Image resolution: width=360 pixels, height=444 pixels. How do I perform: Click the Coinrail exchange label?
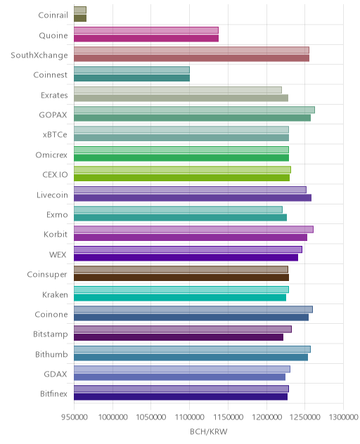coord(53,15)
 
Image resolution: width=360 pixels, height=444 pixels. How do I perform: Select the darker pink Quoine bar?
coord(146,38)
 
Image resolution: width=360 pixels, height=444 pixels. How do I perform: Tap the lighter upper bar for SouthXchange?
coord(192,50)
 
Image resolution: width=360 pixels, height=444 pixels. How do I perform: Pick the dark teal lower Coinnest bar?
coord(131,78)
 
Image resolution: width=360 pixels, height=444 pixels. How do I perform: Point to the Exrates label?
coord(54,95)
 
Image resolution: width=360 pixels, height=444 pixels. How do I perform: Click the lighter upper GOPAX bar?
coord(195,110)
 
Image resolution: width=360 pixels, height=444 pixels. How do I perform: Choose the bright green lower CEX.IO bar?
coord(181,178)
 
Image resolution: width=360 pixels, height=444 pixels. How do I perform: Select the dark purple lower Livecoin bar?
coord(193,197)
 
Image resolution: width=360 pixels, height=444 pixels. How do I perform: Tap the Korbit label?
coord(56,235)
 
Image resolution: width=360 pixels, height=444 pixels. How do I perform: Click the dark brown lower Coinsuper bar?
coord(181,277)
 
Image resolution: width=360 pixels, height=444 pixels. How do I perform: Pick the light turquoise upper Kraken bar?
coord(181,289)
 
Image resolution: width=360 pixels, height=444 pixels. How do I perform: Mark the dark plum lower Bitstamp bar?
coord(179,337)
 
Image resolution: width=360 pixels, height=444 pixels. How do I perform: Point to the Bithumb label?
coord(51,354)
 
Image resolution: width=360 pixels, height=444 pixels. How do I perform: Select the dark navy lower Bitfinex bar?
coord(181,397)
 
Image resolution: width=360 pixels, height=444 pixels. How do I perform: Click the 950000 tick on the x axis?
coord(75,417)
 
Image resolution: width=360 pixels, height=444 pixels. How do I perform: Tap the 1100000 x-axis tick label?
coord(189,417)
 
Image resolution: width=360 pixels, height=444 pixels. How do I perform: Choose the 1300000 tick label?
coord(343,417)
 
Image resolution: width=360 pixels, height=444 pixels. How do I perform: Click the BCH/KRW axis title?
coord(209,431)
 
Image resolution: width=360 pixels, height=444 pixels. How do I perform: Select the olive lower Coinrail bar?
coord(80,18)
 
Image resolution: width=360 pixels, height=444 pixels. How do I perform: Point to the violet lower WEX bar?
coord(186,257)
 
